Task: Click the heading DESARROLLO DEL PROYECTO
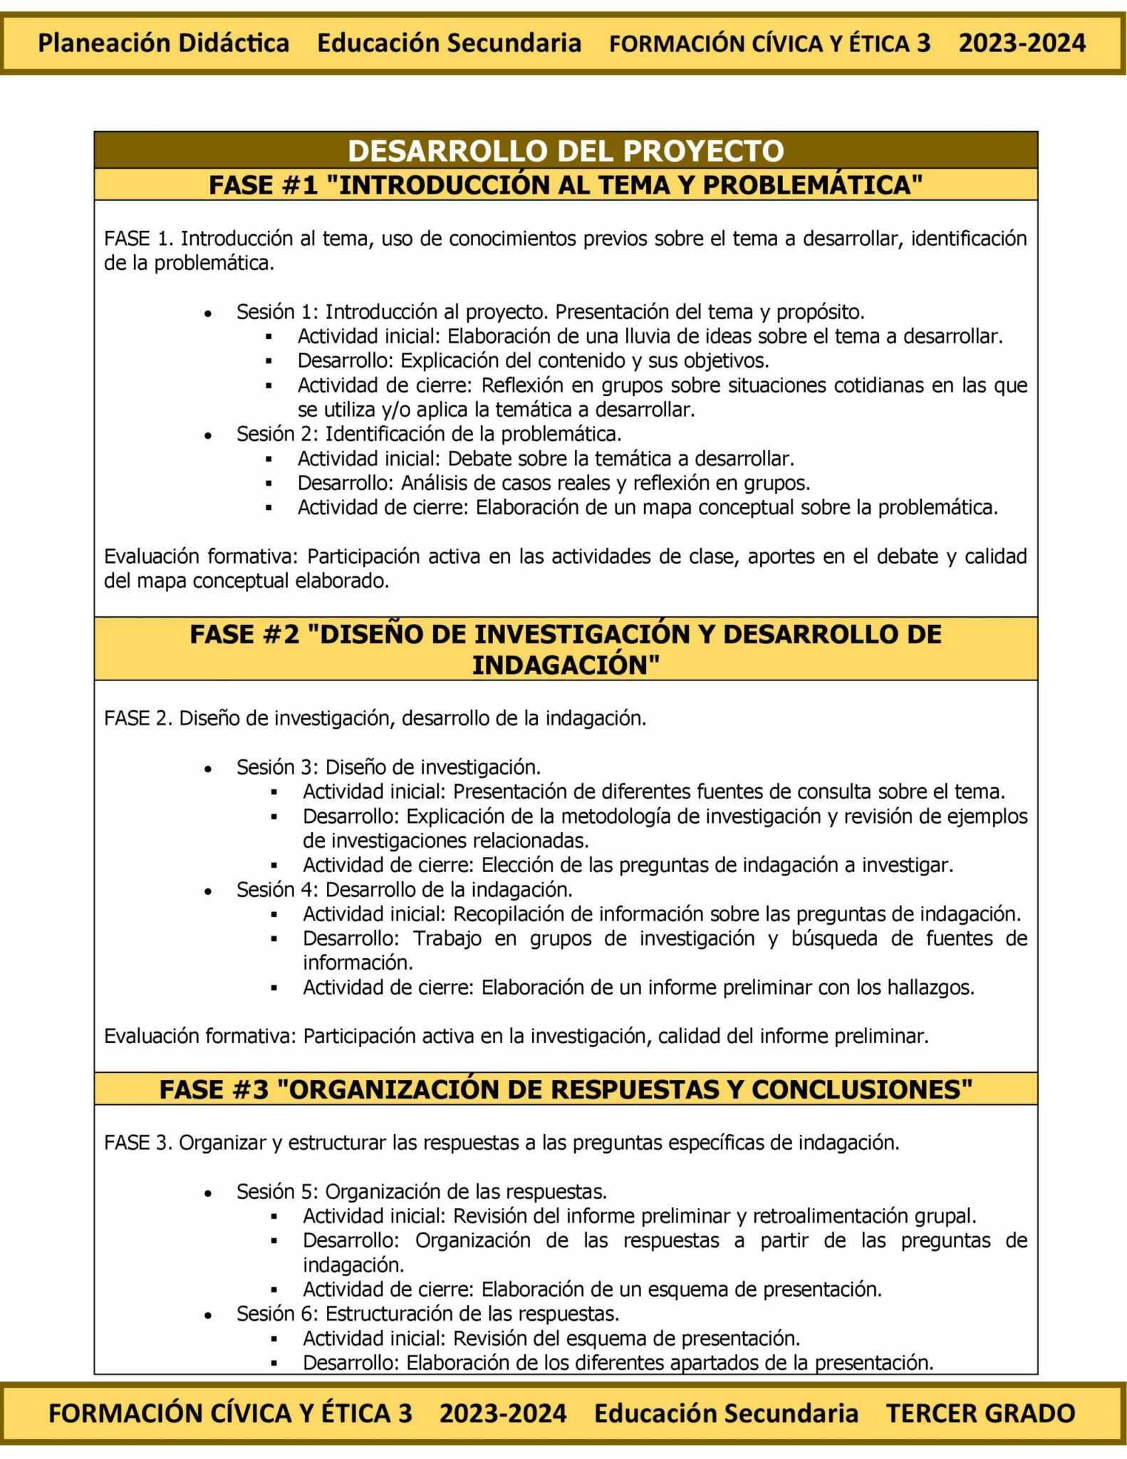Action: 566,151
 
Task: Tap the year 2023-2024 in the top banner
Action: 1022,43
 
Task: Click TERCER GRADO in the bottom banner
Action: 980,1413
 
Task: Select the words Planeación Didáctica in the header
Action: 163,43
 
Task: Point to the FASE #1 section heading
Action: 566,185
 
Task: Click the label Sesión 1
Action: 274,312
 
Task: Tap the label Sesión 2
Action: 274,434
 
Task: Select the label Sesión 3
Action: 274,767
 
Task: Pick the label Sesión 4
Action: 274,890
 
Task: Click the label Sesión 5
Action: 274,1191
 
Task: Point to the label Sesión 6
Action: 274,1313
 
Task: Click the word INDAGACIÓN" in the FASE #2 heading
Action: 566,665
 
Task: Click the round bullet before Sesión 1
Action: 207,313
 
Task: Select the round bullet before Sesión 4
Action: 207,891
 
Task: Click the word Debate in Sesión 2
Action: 478,458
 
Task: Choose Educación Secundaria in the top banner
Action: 449,43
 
